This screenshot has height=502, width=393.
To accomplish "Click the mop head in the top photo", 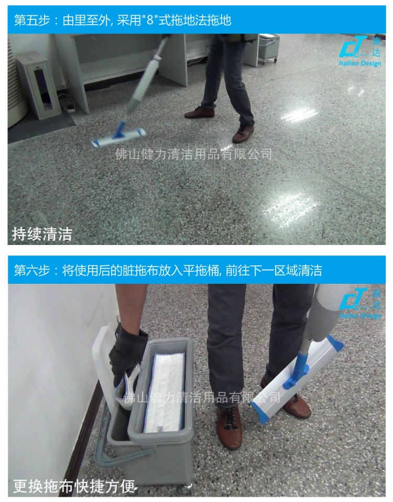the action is [118, 137].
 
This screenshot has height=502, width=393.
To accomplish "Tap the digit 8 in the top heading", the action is [150, 20].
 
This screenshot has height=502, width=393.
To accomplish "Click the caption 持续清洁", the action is [42, 234].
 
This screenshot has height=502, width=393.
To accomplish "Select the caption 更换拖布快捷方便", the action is [74, 486].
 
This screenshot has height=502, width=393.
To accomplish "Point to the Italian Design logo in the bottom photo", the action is [360, 303].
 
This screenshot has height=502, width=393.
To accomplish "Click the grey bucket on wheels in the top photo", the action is [269, 48].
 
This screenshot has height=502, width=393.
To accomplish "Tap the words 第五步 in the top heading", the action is [32, 20].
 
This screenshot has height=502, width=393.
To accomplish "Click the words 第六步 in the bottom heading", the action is [32, 271].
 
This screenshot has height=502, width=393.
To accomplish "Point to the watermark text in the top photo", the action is [193, 154].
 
